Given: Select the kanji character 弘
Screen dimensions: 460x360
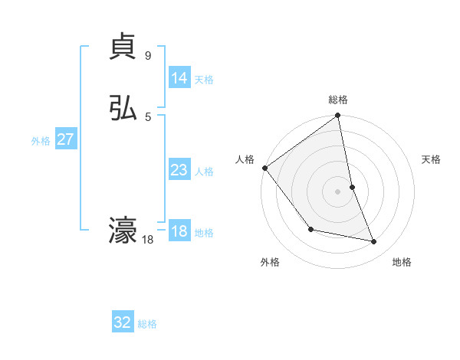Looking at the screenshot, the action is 123,108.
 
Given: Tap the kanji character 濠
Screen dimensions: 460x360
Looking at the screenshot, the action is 123,231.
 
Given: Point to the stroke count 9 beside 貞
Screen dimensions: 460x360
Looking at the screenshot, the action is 147,55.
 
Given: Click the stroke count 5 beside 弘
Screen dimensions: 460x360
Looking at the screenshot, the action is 147,116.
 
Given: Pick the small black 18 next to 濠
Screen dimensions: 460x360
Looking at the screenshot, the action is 147,240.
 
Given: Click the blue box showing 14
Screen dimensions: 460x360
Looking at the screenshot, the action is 179,78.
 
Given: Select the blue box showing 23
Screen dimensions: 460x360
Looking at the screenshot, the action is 179,170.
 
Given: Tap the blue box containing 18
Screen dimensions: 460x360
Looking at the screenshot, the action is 179,231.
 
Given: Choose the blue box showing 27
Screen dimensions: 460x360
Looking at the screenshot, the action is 65,139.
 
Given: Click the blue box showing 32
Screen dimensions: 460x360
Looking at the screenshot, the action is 123,322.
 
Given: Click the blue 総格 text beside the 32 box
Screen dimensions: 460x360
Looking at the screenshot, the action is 147,324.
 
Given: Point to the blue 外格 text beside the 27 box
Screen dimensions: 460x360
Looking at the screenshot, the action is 41,141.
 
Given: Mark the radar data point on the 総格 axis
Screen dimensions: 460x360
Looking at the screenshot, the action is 337,116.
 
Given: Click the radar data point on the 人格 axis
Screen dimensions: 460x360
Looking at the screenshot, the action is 264,168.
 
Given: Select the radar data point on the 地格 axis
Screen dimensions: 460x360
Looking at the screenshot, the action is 374,242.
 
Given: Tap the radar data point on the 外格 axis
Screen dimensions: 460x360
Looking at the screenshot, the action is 310,229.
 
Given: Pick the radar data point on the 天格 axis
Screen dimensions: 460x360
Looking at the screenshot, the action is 352,186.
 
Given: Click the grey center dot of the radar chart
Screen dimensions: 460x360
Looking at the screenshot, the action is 337,191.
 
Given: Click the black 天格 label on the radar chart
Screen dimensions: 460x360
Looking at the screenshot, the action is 432,159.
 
